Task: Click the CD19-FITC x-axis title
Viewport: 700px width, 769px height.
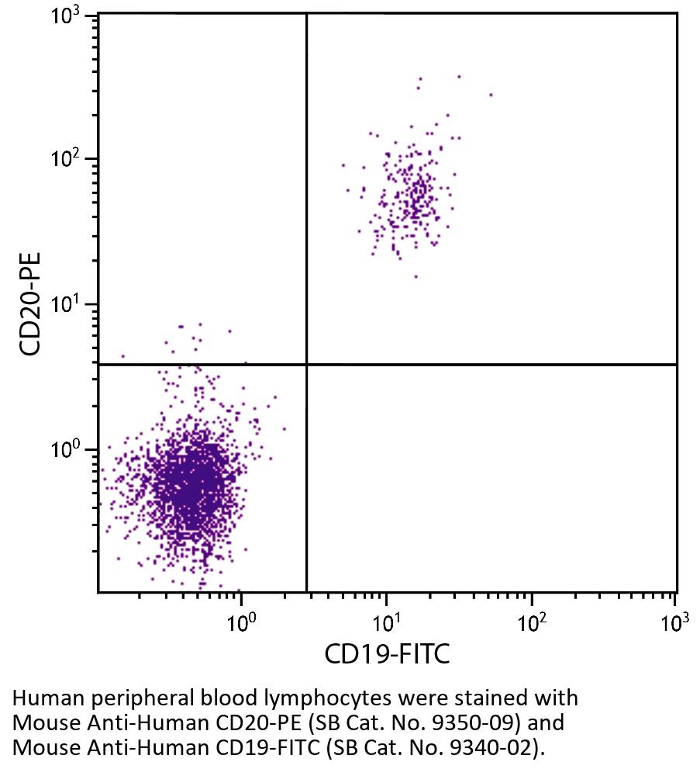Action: [387, 654]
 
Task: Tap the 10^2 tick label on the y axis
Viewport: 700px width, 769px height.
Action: [68, 160]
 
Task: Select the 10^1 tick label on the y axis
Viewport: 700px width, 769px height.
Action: [68, 306]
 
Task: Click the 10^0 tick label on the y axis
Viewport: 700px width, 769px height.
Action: [68, 451]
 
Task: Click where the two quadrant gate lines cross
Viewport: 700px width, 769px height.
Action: [307, 364]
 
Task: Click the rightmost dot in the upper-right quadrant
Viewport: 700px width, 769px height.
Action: [491, 95]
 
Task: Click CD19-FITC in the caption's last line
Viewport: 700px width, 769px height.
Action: [269, 749]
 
